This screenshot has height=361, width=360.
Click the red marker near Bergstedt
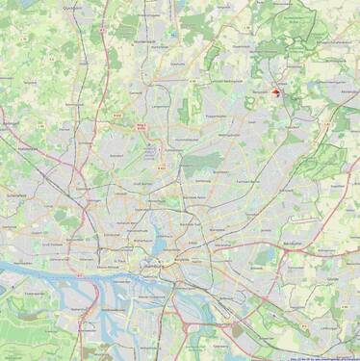click(x=277, y=92)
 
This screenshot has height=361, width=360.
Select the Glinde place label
click(x=332, y=277)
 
